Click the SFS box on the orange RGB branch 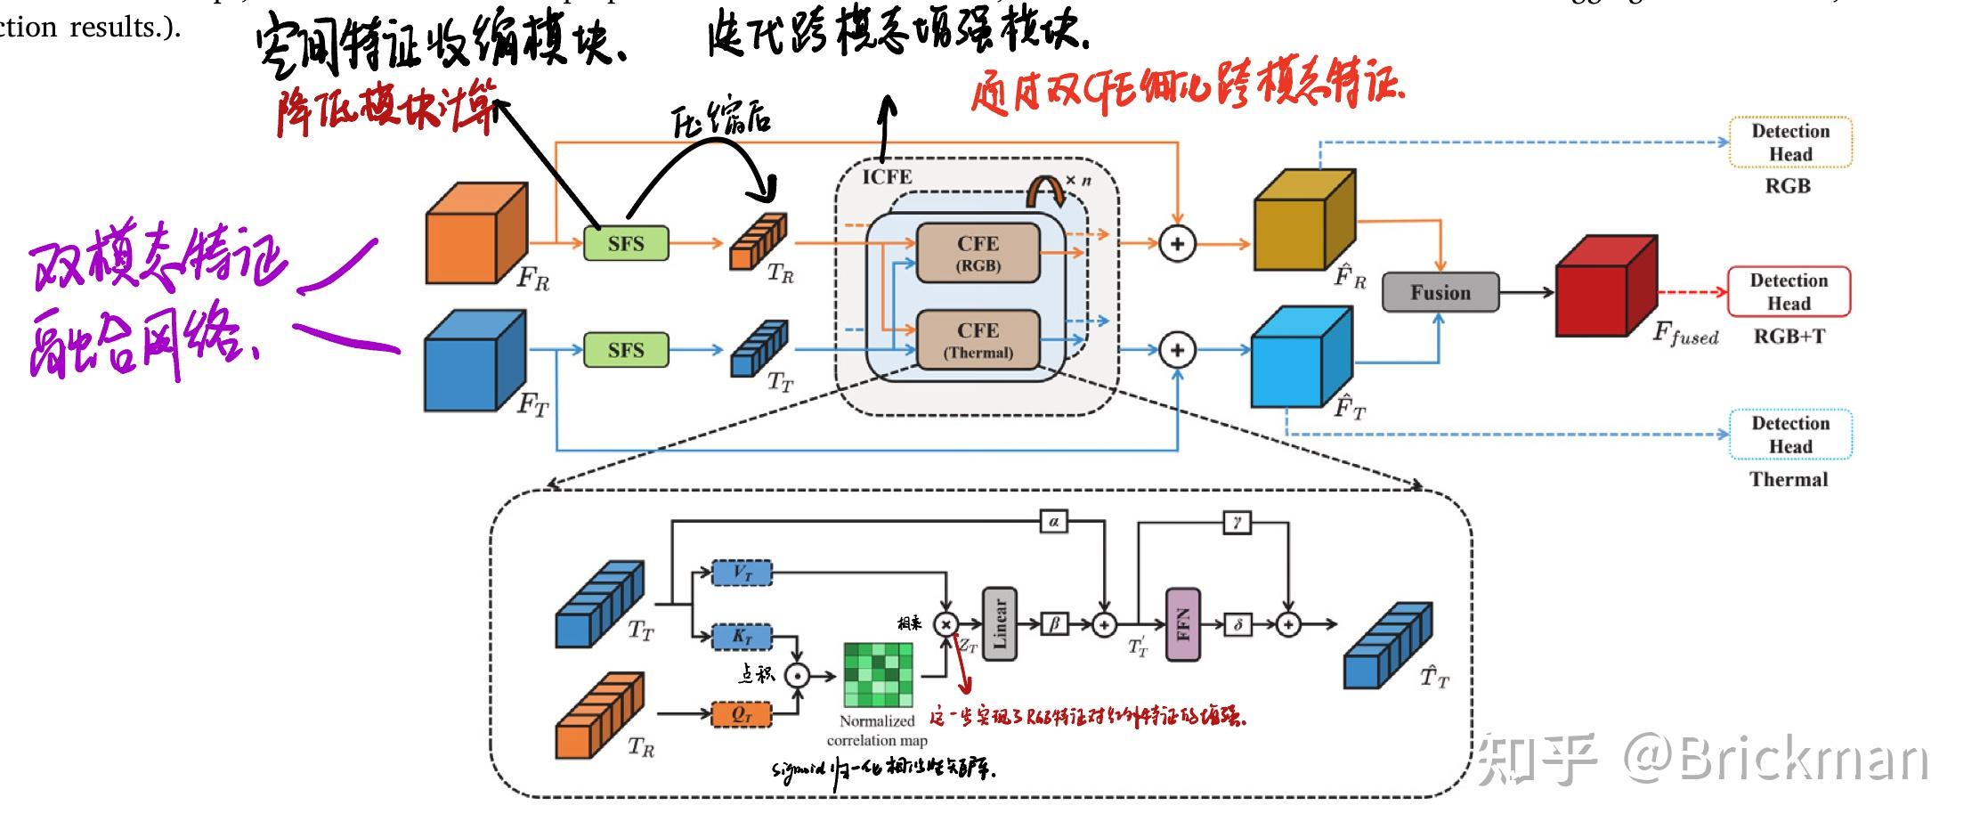point(625,243)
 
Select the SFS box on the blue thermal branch point(625,350)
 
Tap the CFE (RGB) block point(978,253)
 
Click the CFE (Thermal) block point(978,339)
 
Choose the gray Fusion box point(1440,292)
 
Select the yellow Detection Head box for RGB point(1789,142)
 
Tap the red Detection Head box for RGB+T point(1788,291)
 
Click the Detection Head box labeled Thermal point(1789,435)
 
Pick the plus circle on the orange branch point(1177,243)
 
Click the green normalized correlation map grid point(878,675)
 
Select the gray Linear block point(999,623)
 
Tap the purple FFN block point(1182,624)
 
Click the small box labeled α point(1053,522)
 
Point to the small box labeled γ point(1237,522)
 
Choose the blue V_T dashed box point(742,574)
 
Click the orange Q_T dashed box point(741,714)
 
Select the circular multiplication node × point(945,624)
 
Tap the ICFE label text point(886,177)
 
